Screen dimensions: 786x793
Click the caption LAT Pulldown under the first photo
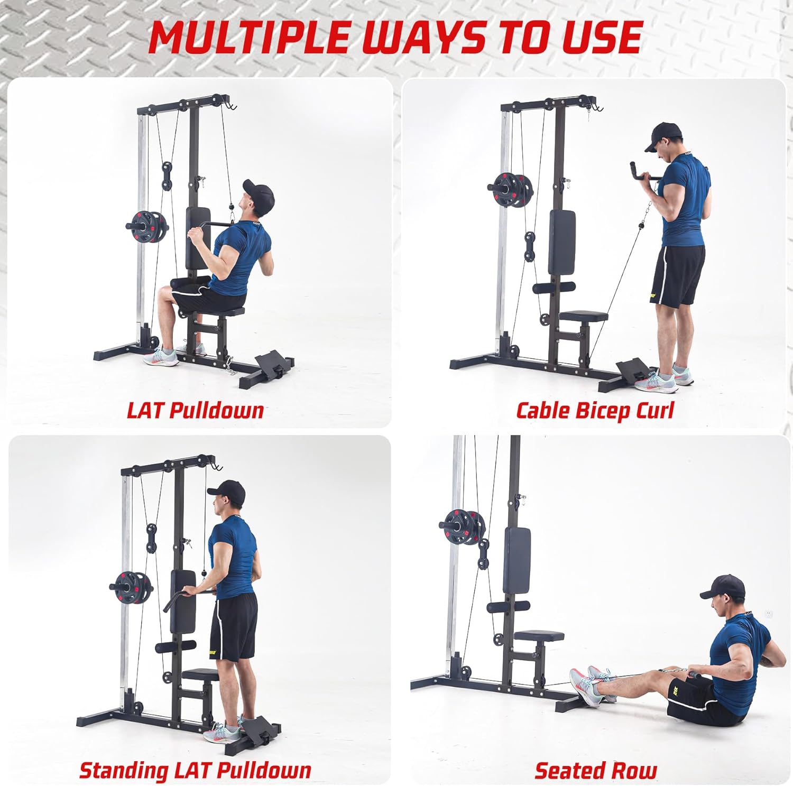point(195,410)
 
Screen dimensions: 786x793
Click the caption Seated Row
point(596,770)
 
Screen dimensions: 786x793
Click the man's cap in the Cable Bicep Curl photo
point(665,135)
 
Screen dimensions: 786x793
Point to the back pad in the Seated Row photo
point(517,561)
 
